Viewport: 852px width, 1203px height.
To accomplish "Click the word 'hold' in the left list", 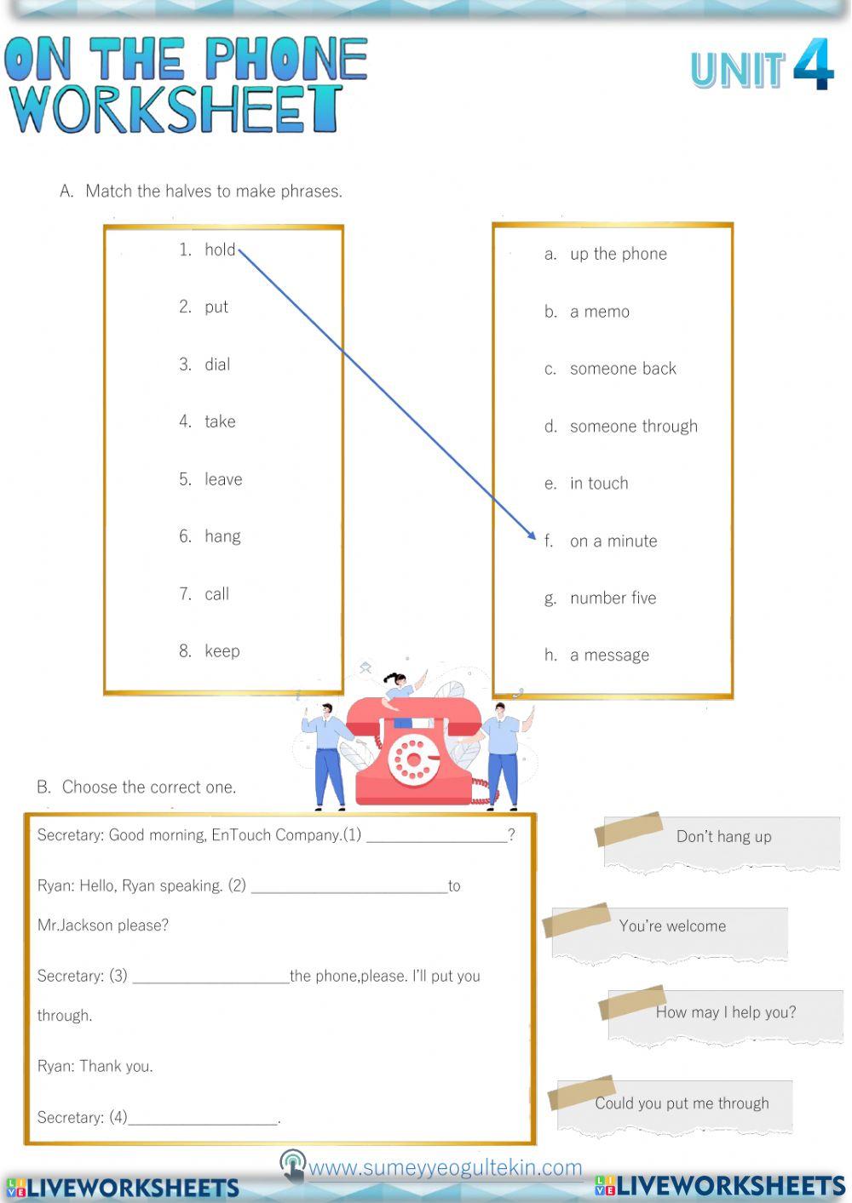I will (219, 249).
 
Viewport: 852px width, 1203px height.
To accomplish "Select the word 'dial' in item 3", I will (217, 364).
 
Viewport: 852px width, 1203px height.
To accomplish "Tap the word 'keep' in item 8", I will (222, 651).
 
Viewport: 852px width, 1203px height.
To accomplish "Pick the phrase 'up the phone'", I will (618, 254).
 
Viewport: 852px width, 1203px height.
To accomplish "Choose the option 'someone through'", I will (633, 427).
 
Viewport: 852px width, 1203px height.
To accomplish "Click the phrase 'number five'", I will (613, 599).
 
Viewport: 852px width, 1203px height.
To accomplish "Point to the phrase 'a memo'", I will (599, 312).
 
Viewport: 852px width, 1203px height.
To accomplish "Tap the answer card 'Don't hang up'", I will (723, 837).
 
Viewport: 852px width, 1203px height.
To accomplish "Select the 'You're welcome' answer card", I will (672, 926).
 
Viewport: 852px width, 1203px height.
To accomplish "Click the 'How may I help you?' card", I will (725, 1012).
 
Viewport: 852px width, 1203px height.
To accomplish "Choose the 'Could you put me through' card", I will (681, 1103).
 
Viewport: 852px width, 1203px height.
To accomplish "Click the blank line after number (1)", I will (436, 836).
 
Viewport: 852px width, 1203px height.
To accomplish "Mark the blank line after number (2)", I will (349, 887).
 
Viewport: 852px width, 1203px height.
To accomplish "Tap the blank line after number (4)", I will (203, 1119).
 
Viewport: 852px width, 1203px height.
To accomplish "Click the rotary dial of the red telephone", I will (413, 757).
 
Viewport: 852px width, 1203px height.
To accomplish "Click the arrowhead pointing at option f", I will (531, 536).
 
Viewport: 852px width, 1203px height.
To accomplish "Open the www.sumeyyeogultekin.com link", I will (445, 1167).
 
